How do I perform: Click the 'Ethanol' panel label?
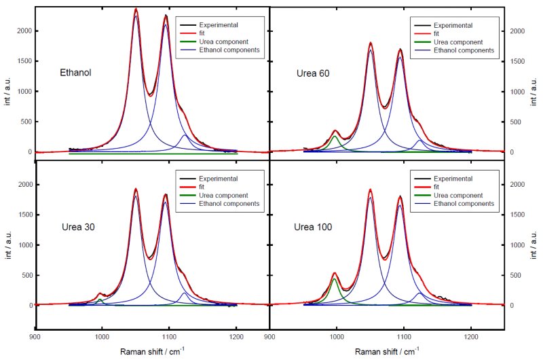pyautogui.click(x=75, y=73)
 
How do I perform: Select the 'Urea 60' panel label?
pyautogui.click(x=313, y=73)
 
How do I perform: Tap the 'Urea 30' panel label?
pyautogui.click(x=78, y=227)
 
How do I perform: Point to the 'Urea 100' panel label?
pyautogui.click(x=313, y=227)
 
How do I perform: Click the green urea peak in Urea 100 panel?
pyautogui.click(x=335, y=279)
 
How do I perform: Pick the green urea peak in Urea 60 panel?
pyautogui.click(x=335, y=137)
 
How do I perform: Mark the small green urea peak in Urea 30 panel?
pyautogui.click(x=100, y=300)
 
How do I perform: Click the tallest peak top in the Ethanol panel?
pyautogui.click(x=136, y=9)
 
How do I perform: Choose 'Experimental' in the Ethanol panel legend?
pyautogui.click(x=219, y=25)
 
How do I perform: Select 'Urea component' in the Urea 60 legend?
pyautogui.click(x=458, y=42)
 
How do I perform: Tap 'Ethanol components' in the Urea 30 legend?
pyautogui.click(x=229, y=203)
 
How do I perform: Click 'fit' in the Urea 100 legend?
pyautogui.click(x=436, y=187)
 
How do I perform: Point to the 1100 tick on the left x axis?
pyautogui.click(x=168, y=336)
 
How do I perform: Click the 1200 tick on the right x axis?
pyautogui.click(x=471, y=336)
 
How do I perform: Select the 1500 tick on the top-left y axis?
pyautogui.click(x=24, y=61)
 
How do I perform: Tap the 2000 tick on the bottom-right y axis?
pyautogui.click(x=517, y=184)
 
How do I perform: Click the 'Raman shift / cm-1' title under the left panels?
pyautogui.click(x=152, y=351)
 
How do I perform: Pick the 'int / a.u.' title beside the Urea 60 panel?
pyautogui.click(x=533, y=92)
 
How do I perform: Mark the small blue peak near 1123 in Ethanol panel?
pyautogui.click(x=185, y=135)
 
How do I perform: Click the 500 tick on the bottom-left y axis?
pyautogui.click(x=26, y=275)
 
